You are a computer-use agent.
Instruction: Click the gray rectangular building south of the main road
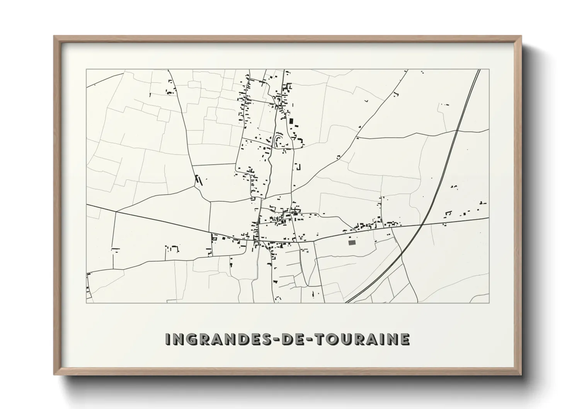point(352,242)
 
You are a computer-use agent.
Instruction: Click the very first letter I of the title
point(168,339)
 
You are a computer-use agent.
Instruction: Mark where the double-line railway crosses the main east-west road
point(424,224)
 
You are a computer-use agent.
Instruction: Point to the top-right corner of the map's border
point(489,69)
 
